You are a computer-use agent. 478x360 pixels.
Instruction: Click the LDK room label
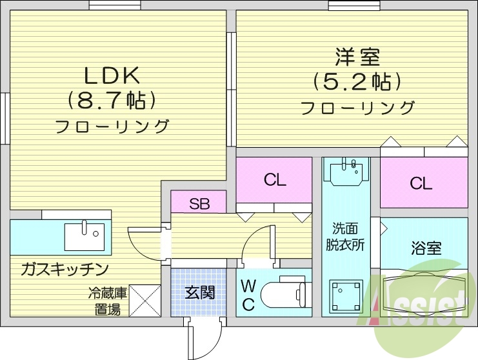112,76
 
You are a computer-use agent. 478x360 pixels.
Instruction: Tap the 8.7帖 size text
112,101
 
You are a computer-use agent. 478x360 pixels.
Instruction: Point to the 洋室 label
357,57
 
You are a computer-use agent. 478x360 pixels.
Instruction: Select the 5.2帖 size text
357,81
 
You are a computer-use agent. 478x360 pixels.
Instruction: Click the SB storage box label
199,204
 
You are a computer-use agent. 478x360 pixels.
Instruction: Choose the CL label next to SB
275,181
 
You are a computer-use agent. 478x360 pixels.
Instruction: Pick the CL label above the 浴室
422,184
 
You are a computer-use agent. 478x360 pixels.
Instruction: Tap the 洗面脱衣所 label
346,236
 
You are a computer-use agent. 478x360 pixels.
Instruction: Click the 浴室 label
426,248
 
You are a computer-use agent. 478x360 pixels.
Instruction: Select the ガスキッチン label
64,268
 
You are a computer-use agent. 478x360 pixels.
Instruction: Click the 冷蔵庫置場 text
107,301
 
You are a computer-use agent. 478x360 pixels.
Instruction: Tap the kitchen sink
85,235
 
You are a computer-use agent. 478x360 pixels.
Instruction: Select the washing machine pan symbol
345,297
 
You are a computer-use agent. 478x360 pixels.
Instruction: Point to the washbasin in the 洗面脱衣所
346,172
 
